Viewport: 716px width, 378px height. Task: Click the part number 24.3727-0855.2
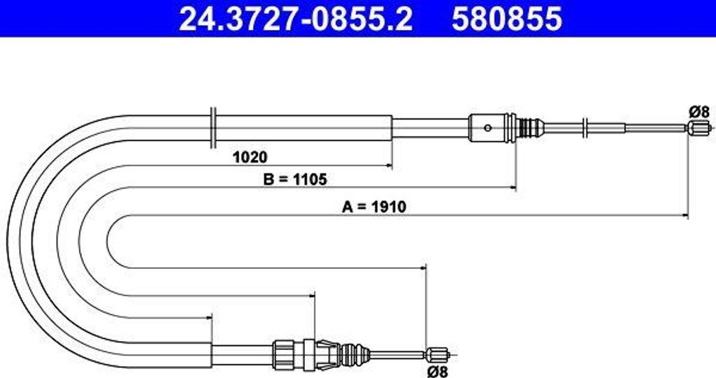point(296,19)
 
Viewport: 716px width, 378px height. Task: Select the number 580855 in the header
point(507,19)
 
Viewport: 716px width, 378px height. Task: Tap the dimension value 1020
point(250,157)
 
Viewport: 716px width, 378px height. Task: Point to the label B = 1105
point(295,180)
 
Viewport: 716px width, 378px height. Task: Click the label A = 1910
point(374,207)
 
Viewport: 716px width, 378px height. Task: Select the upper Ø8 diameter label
point(699,111)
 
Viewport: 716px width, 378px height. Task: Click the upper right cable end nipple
point(697,128)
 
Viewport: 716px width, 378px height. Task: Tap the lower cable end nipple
point(437,354)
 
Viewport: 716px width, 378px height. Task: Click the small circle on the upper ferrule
point(487,128)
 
